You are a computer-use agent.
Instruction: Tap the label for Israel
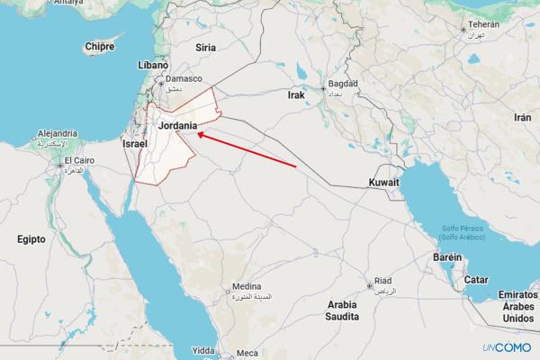pos(134,144)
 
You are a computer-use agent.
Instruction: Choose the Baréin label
pos(447,257)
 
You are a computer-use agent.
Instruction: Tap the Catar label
pos(476,279)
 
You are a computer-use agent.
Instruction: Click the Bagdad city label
pos(344,84)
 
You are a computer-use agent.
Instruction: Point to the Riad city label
pos(382,281)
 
